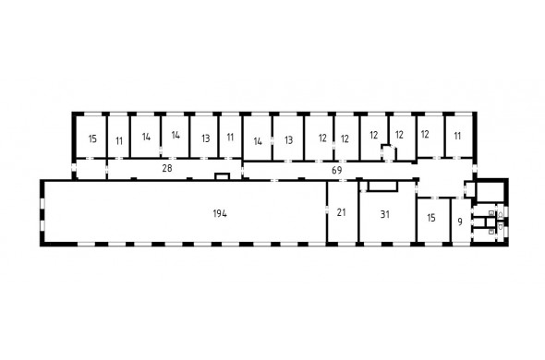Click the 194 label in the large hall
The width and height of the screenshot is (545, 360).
[x=220, y=213]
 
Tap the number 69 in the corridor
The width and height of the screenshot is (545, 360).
[x=337, y=170]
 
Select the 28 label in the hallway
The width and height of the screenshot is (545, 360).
[x=167, y=168]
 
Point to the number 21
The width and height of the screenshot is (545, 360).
[x=342, y=212]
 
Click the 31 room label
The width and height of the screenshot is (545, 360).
[x=385, y=214]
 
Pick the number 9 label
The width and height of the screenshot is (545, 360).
[x=460, y=222]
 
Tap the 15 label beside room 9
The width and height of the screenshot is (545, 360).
[x=431, y=218]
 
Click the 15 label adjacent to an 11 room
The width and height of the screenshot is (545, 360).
[x=92, y=139]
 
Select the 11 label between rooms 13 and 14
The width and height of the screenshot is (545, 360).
[x=230, y=138]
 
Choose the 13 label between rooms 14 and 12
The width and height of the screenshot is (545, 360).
[x=288, y=140]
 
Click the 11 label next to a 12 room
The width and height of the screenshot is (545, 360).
[x=457, y=136]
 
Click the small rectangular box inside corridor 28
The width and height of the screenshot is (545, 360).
[x=223, y=176]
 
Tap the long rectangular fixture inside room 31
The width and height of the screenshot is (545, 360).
[x=382, y=186]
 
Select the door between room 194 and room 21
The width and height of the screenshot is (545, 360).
[x=327, y=210]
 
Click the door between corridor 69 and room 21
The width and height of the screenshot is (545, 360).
[x=343, y=180]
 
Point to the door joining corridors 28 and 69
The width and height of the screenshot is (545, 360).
[x=242, y=171]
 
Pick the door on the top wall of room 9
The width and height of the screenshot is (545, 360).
[x=459, y=198]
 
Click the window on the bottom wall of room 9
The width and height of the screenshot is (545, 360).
[x=460, y=244]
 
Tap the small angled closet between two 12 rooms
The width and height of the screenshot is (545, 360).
[x=389, y=152]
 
